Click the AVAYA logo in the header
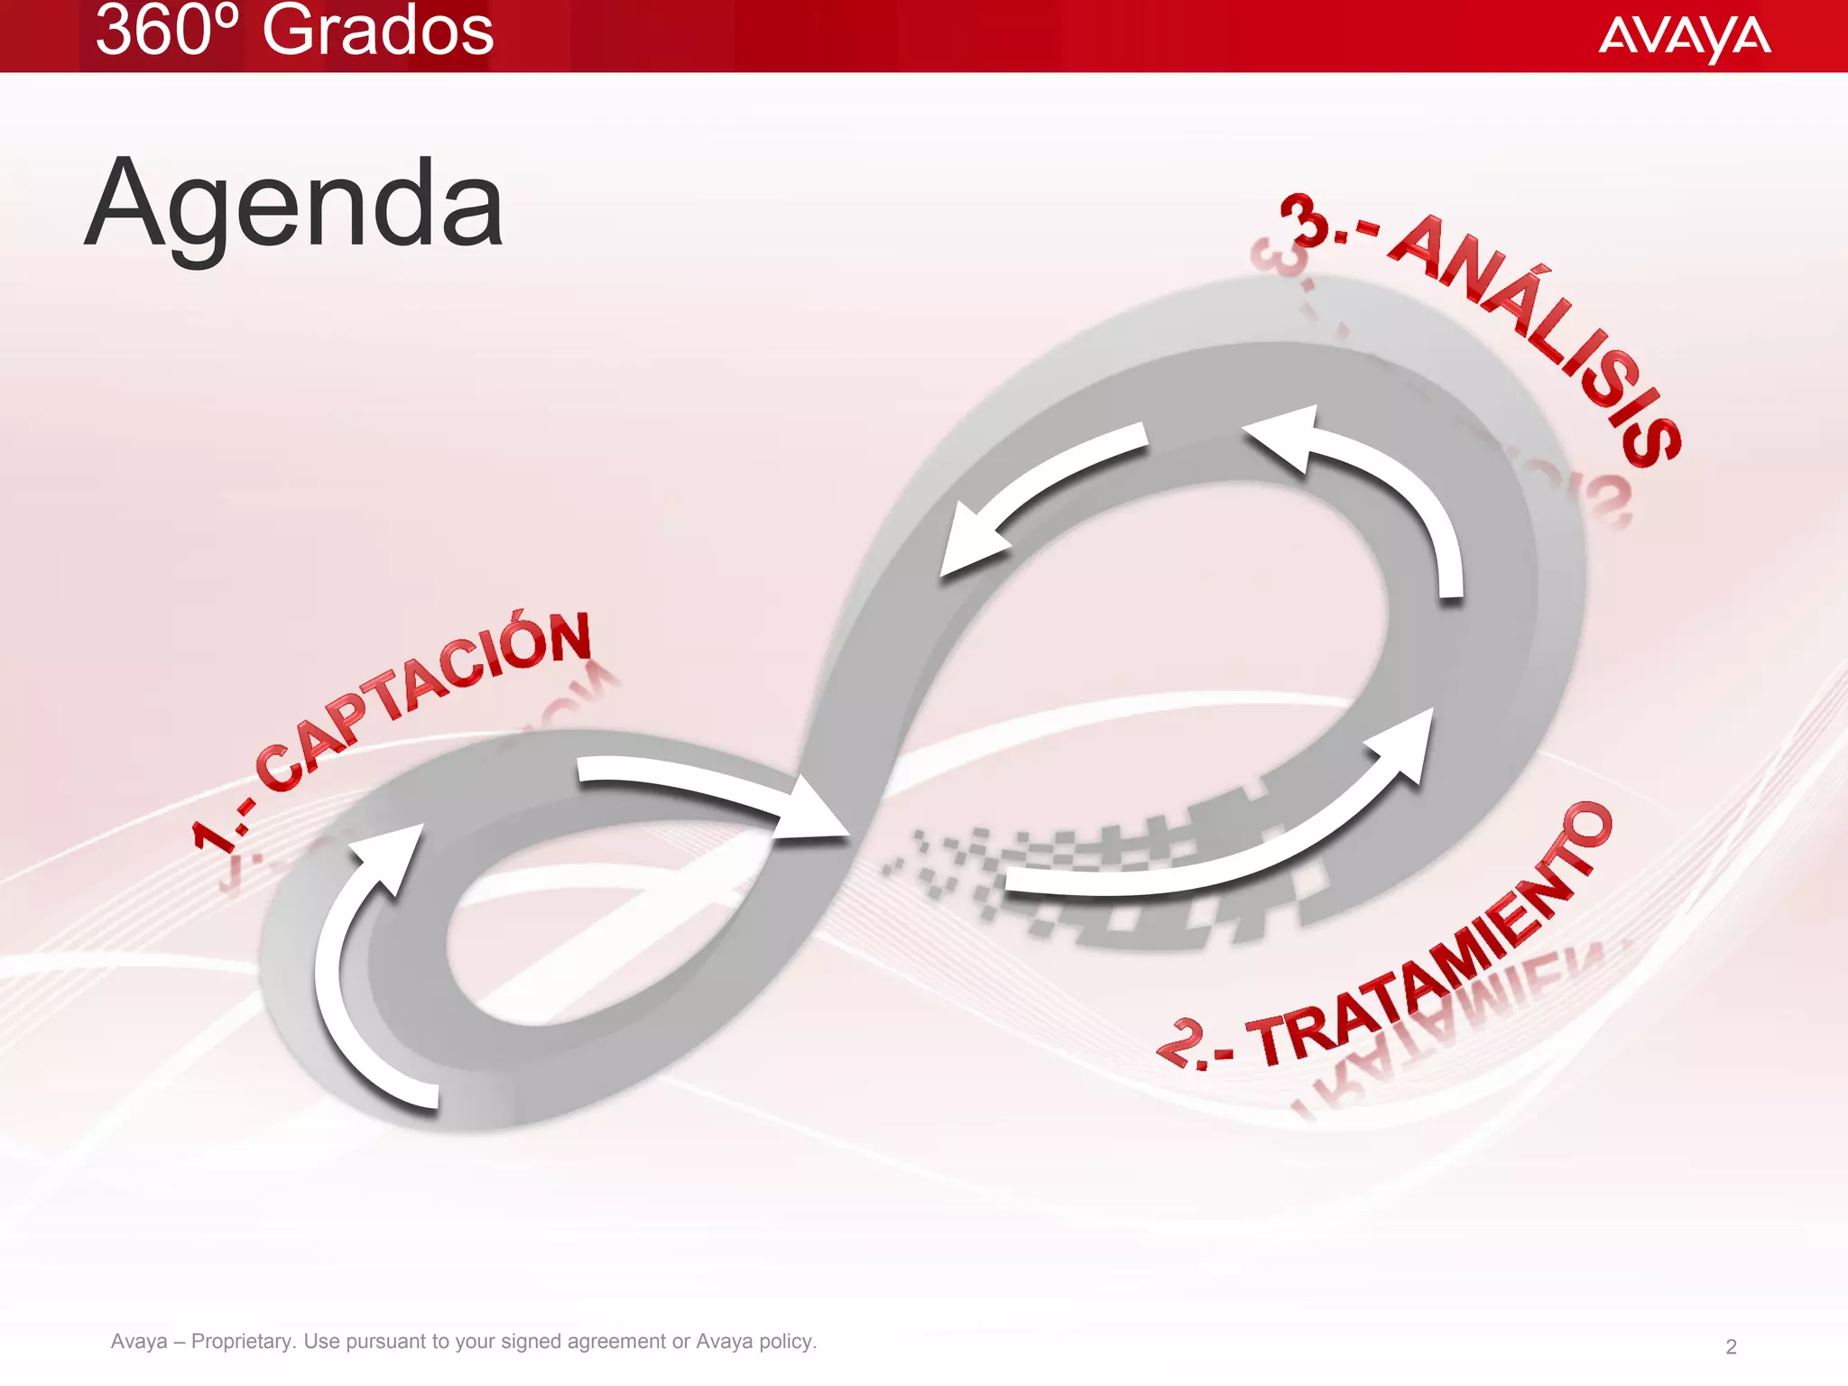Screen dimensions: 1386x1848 point(1684,37)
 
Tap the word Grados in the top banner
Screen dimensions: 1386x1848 point(377,32)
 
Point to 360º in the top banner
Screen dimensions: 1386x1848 point(168,32)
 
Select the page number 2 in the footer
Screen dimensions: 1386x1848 point(1731,1347)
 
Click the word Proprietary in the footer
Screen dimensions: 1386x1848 point(243,1342)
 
